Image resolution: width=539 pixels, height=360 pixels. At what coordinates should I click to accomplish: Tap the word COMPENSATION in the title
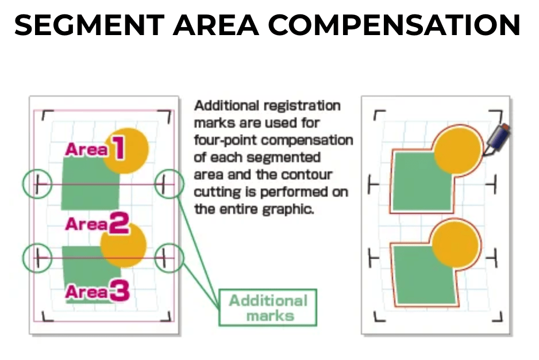[394, 25]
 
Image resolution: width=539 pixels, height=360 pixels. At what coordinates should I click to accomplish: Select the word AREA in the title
[216, 25]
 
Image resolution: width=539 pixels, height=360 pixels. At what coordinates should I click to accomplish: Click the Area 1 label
[95, 148]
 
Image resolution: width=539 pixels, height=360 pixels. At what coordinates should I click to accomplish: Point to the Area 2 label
[97, 223]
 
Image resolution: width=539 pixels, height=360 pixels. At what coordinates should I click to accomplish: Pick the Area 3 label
[97, 291]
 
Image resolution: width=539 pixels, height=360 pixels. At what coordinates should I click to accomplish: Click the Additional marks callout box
[268, 308]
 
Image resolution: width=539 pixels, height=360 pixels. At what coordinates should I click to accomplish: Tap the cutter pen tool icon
[497, 139]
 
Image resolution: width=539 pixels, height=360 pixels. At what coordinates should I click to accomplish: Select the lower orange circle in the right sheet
[455, 244]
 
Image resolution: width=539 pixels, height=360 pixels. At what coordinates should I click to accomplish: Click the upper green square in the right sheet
[422, 181]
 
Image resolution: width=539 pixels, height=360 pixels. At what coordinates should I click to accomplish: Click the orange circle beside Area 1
[126, 151]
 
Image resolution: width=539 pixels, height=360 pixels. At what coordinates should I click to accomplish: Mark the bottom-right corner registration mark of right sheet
[498, 317]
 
